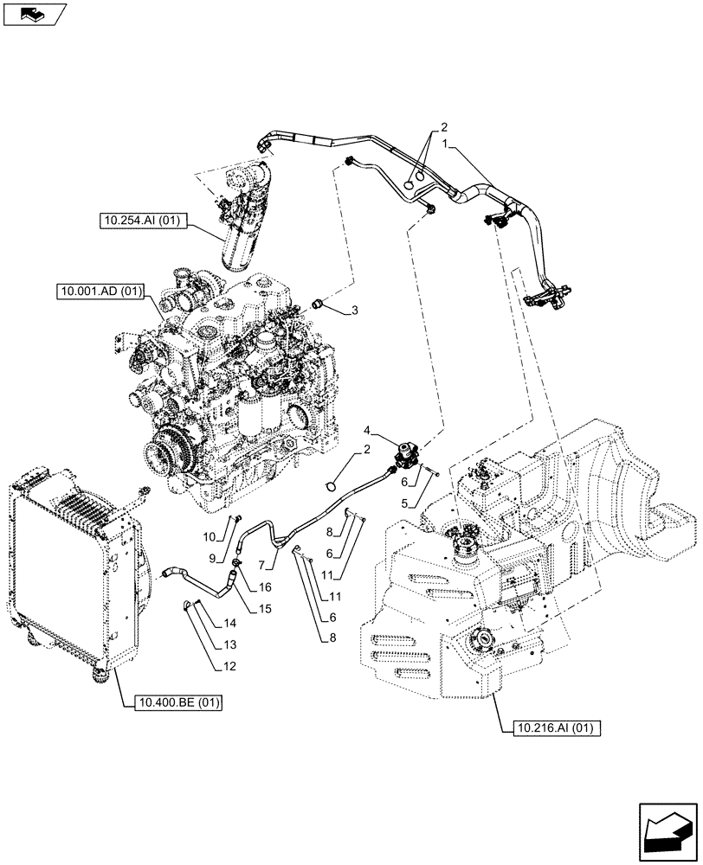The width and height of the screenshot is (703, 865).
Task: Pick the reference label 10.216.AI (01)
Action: tap(551, 727)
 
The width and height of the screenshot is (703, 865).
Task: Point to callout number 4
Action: tap(367, 430)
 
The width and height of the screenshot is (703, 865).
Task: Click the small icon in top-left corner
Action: tap(33, 13)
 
